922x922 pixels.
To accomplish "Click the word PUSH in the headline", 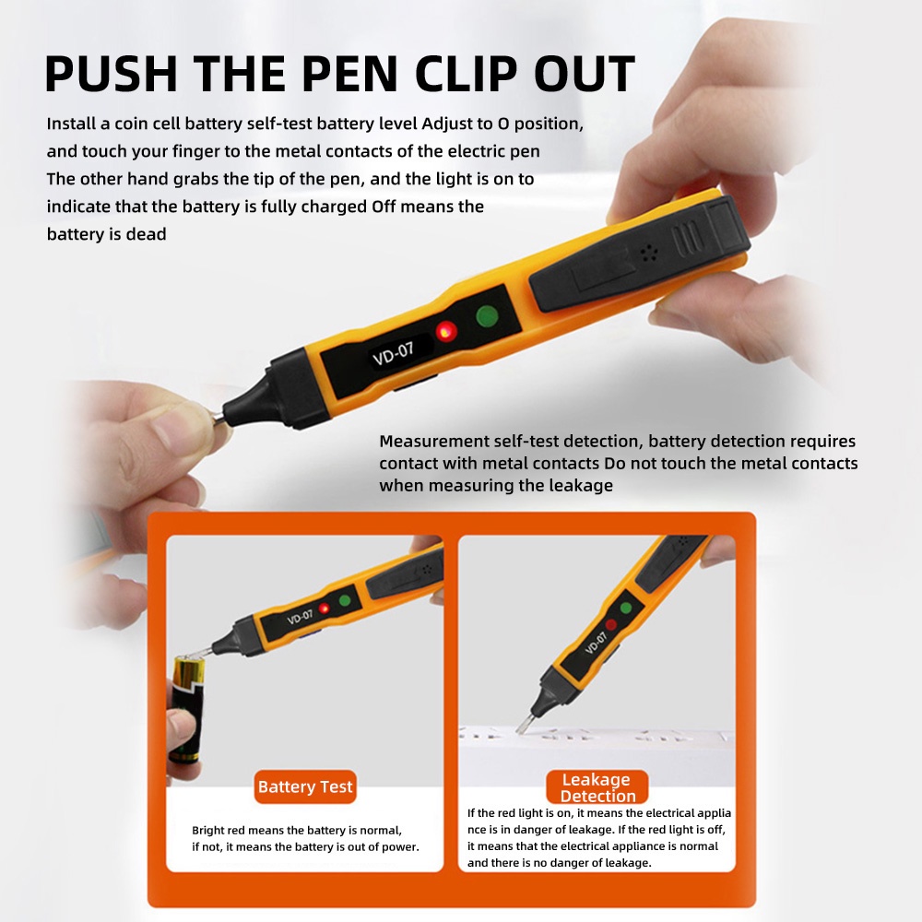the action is [x=112, y=74].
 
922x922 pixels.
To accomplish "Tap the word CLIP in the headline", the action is [x=466, y=74].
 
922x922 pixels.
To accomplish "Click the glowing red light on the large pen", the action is [x=446, y=332].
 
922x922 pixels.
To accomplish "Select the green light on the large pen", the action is [x=487, y=316].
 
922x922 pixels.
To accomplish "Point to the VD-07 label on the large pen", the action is [x=393, y=353].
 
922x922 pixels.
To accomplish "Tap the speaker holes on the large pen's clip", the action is [x=648, y=253].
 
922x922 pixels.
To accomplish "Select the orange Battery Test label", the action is [x=305, y=786].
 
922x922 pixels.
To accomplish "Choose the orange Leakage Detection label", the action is [x=597, y=786].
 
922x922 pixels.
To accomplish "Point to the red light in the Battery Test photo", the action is [x=324, y=608].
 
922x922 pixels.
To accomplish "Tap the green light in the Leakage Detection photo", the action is [x=626, y=608].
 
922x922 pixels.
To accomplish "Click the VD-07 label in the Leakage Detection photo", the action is [x=596, y=643].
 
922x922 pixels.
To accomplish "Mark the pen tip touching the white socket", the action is [x=523, y=725].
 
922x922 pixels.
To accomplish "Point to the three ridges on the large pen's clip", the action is [x=688, y=238].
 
